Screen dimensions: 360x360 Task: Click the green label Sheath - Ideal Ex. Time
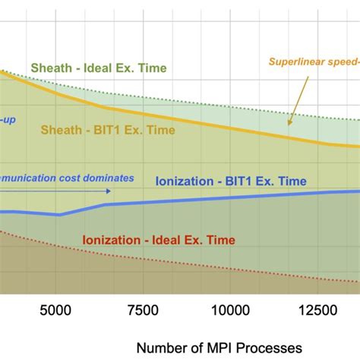coord(99,68)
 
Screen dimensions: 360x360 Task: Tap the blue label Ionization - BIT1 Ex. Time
coord(230,181)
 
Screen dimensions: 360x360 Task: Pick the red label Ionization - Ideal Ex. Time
coord(159,240)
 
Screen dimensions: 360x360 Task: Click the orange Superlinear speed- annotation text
coord(313,63)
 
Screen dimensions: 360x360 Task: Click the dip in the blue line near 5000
coord(60,215)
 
